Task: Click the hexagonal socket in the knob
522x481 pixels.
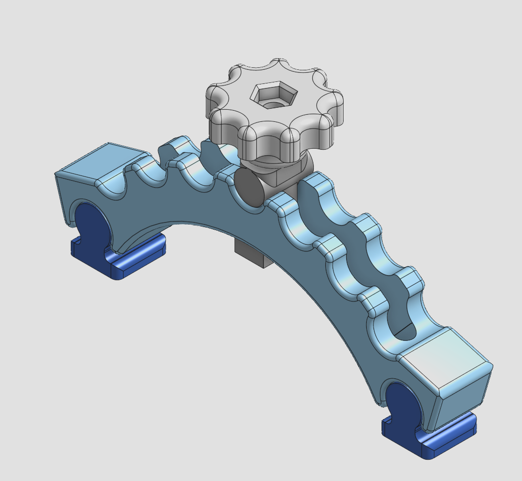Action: tap(274, 95)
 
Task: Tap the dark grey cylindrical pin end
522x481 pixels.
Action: tap(248, 187)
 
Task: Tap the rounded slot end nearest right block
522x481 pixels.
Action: tap(404, 331)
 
